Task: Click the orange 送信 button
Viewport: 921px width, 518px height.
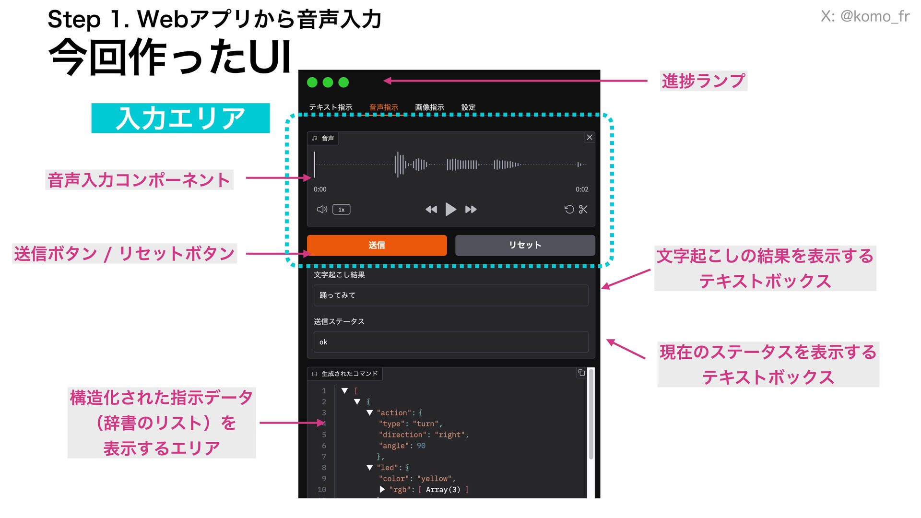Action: click(377, 245)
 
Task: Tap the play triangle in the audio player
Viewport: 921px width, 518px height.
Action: click(450, 209)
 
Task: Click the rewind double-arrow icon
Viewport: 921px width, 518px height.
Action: click(431, 209)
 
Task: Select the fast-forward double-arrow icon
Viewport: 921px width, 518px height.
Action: click(471, 209)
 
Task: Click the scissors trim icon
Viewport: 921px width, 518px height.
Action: click(583, 209)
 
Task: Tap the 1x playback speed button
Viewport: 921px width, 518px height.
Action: click(341, 210)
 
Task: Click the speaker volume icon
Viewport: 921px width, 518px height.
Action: click(322, 209)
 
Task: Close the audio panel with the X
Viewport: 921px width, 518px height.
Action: click(590, 137)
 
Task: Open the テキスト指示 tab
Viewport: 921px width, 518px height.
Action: click(331, 107)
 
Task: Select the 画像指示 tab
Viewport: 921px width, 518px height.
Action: click(429, 107)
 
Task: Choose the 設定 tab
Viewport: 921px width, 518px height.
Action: click(468, 107)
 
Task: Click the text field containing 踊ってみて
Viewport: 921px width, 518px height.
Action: click(450, 295)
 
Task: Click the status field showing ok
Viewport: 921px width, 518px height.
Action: click(450, 342)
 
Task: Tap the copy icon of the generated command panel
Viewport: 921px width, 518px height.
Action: click(581, 373)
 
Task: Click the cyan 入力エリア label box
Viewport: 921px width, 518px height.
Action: click(180, 118)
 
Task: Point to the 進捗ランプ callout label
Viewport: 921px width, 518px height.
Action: click(703, 81)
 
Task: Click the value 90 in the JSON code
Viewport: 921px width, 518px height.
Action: click(421, 446)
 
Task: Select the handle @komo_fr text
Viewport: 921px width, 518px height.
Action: click(874, 16)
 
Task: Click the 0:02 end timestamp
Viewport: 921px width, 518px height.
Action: click(582, 189)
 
